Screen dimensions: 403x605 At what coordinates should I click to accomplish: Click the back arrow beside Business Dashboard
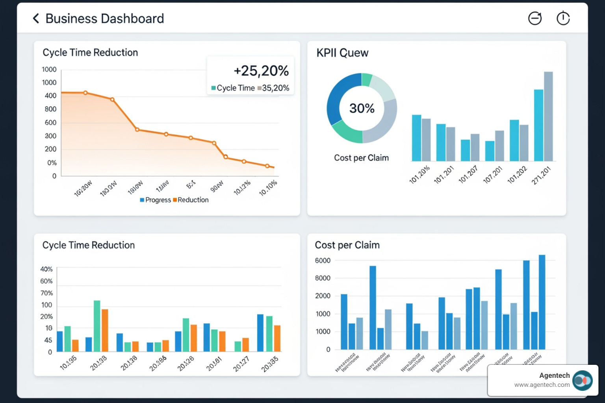pyautogui.click(x=36, y=18)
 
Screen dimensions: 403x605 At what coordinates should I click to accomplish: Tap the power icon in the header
pyautogui.click(x=563, y=18)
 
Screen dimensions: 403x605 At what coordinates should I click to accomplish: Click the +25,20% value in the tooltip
pyautogui.click(x=261, y=71)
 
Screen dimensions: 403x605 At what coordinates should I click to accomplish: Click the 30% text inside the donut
pyautogui.click(x=362, y=108)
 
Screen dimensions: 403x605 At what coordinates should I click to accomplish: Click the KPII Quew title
pyautogui.click(x=342, y=53)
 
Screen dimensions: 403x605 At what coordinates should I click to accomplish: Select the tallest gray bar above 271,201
pyautogui.click(x=548, y=116)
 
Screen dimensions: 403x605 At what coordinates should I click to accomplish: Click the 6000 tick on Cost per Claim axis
pyautogui.click(x=323, y=261)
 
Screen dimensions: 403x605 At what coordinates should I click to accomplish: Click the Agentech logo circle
pyautogui.click(x=583, y=381)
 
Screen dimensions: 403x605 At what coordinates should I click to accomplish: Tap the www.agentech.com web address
pyautogui.click(x=542, y=385)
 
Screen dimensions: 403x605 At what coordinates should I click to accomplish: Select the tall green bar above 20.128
pyautogui.click(x=97, y=326)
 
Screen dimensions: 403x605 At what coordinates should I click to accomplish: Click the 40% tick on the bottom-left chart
pyautogui.click(x=46, y=269)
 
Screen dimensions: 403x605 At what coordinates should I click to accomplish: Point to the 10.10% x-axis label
pyautogui.click(x=268, y=188)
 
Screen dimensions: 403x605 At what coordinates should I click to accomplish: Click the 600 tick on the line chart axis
pyautogui.click(x=50, y=122)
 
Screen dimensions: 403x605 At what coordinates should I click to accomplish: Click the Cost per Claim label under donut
pyautogui.click(x=361, y=158)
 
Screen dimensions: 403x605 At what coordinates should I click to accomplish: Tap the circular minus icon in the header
pyautogui.click(x=534, y=18)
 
